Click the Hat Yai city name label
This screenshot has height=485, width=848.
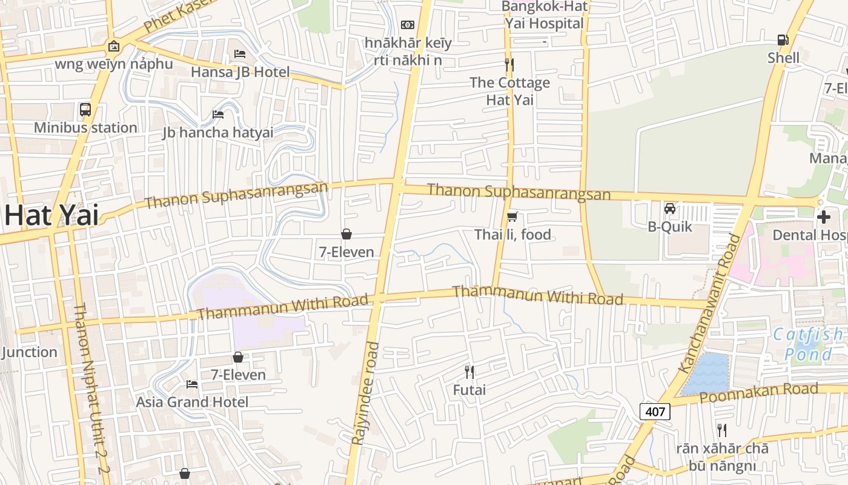pos(51,215)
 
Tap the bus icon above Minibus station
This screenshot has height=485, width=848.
pos(85,110)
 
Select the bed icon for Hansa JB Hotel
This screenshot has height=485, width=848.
pos(240,54)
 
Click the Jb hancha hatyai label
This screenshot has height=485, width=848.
pos(217,132)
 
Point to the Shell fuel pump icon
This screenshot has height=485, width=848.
pos(783,40)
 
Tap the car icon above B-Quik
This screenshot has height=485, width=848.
pos(670,209)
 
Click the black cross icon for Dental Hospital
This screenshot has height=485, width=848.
pos(823,217)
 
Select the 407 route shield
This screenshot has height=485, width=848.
pos(655,412)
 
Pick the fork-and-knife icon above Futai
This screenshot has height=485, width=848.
pos(469,372)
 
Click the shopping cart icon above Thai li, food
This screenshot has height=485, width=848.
pos(512,216)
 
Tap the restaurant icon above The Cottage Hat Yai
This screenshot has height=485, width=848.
pos(509,64)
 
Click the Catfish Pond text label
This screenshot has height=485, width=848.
pos(808,344)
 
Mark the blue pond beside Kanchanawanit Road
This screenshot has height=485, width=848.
pos(706,373)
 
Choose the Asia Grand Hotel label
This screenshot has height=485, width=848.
pos(192,402)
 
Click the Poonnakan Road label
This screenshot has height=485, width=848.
pos(758,393)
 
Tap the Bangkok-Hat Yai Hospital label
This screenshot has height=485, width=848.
pos(545,15)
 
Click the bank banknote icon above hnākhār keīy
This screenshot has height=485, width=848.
pos(408,25)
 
